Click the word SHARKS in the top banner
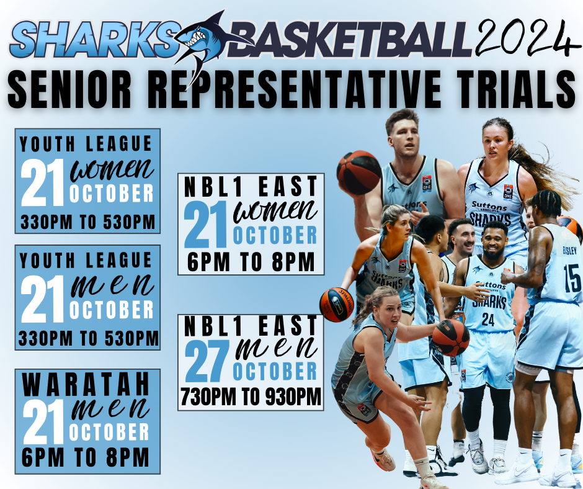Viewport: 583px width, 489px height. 95,39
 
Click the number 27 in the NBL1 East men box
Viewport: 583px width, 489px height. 207,361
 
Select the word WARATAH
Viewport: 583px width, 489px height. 86,384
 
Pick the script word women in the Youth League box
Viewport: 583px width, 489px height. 112,171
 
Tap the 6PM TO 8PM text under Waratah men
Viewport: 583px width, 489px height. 86,457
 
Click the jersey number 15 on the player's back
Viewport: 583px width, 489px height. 572,278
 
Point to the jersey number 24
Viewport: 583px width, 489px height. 488,320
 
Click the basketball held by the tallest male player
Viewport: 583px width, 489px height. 359,173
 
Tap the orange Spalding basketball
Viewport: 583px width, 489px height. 336,305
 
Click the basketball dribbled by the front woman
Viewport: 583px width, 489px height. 451,338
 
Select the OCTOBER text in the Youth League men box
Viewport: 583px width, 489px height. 112,310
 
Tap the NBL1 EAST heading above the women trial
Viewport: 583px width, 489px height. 251,186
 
